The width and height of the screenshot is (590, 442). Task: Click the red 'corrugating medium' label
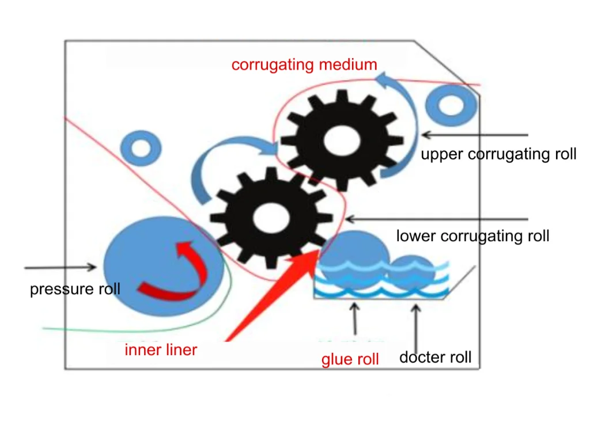pos(304,64)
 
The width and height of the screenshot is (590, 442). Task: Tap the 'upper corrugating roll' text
pos(498,154)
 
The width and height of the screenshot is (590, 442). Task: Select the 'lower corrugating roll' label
pos(472,236)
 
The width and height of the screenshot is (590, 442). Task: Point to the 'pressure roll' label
pos(75,288)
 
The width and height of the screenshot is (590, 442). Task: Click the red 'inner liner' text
pos(161,349)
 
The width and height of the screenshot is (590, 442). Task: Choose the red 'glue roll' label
pos(350,360)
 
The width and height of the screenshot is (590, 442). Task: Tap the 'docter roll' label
pos(435,357)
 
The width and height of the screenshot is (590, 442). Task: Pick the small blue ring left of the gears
pos(141,147)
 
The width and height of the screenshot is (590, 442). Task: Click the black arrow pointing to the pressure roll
pos(60,267)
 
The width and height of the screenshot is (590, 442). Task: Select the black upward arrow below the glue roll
pos(354,319)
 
